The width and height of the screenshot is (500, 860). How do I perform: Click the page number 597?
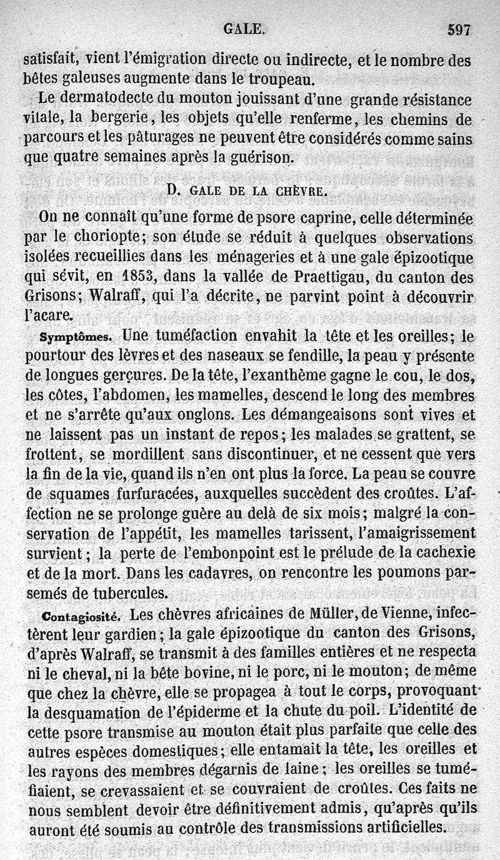pyautogui.click(x=458, y=29)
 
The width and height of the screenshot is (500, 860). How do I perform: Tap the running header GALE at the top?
pyautogui.click(x=244, y=28)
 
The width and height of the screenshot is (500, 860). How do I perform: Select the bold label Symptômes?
pyautogui.click(x=76, y=337)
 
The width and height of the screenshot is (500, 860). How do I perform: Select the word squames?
pyautogui.click(x=79, y=494)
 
